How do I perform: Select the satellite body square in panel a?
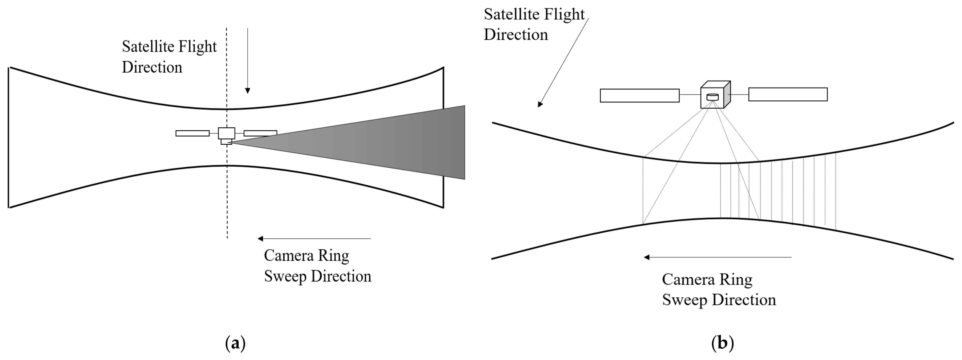pos(226,133)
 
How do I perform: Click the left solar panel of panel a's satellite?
pos(192,133)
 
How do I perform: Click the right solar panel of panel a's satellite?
pos(260,133)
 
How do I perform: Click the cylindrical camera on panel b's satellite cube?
pos(713,97)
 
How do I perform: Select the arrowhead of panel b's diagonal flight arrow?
pos(540,104)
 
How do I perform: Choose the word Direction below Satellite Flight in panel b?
pos(516,35)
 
